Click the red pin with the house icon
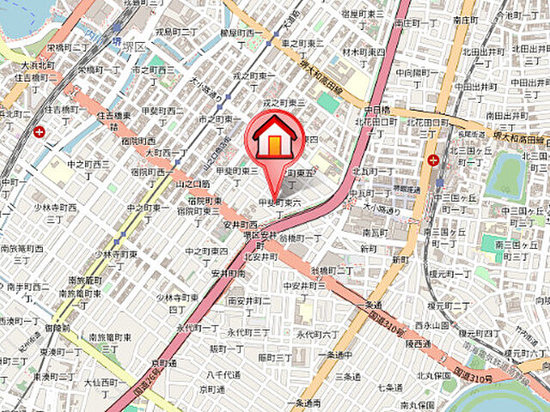pyautogui.click(x=274, y=142)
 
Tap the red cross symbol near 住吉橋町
pyautogui.click(x=40, y=131)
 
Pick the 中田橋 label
pyautogui.click(x=378, y=110)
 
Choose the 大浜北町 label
pyautogui.click(x=34, y=65)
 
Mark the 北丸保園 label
pyautogui.click(x=434, y=375)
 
